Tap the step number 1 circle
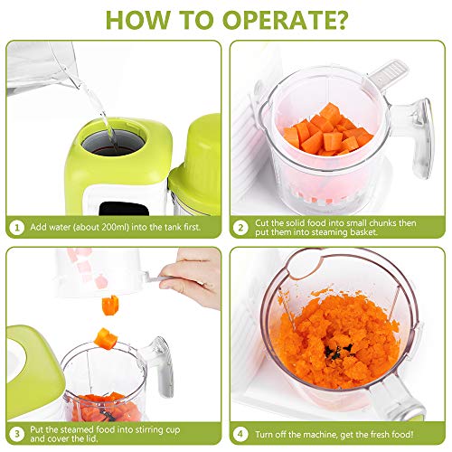click(x=17, y=228)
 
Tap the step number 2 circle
click(x=240, y=228)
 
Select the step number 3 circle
click(x=17, y=434)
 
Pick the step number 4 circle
click(x=240, y=434)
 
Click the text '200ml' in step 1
click(x=113, y=227)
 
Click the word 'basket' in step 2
click(x=363, y=232)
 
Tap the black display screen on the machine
click(x=124, y=209)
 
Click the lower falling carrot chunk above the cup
click(x=106, y=338)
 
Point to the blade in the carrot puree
click(x=336, y=351)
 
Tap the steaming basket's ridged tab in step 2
click(x=388, y=74)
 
